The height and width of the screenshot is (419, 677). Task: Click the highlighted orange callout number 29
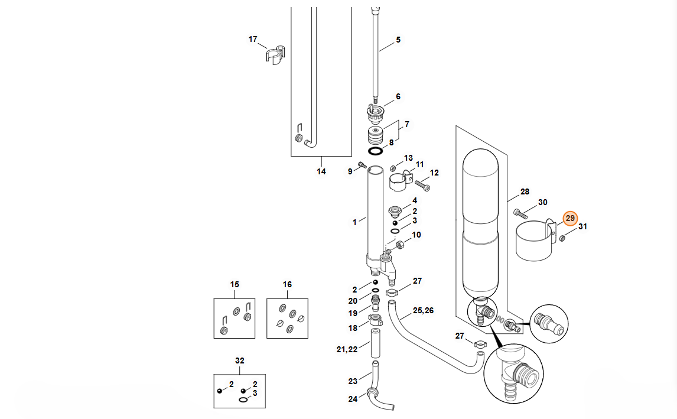(570, 218)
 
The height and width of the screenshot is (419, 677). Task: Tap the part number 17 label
(253, 40)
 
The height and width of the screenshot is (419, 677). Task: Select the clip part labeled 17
(275, 54)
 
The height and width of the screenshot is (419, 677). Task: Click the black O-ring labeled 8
(376, 151)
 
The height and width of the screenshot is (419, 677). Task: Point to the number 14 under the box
(321, 171)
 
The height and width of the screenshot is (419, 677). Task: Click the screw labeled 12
(423, 186)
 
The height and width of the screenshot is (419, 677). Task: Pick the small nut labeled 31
(562, 238)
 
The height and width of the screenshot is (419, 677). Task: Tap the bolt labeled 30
(520, 213)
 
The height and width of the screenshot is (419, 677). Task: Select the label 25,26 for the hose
(423, 311)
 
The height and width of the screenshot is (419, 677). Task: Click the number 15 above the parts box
(235, 285)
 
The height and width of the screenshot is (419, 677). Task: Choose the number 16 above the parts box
(287, 285)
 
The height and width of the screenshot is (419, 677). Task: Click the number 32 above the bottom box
(240, 360)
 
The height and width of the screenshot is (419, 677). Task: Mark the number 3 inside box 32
(255, 394)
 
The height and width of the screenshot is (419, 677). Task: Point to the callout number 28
(525, 192)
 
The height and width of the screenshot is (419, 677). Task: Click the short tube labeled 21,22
(375, 343)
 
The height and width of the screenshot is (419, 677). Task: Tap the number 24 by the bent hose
(353, 399)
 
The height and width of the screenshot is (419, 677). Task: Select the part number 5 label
(398, 40)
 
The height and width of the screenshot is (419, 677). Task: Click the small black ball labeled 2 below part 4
(395, 223)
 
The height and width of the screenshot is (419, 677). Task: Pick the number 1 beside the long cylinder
(354, 222)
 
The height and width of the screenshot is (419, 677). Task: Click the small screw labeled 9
(362, 164)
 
